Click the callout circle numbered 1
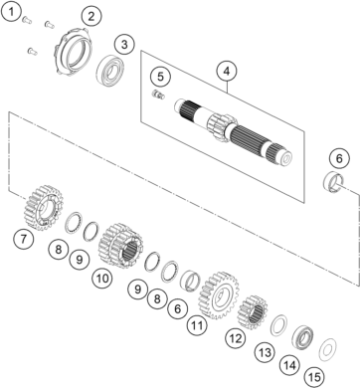tap(12, 12)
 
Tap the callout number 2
tap(91, 16)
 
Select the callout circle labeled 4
tap(228, 72)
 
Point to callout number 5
tap(160, 77)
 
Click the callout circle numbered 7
tap(23, 239)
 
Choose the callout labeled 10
tap(102, 279)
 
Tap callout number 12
tap(236, 338)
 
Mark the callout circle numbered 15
tap(314, 377)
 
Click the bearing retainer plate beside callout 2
tap(73, 52)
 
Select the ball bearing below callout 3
tap(111, 71)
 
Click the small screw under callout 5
tap(158, 95)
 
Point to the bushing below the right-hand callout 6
tap(333, 182)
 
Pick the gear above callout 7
tap(44, 208)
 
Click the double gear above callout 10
tap(120, 246)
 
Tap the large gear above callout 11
tap(219, 295)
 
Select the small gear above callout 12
tap(253, 312)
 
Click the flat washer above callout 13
tap(278, 324)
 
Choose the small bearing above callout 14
tap(302, 337)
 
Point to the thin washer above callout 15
tap(327, 350)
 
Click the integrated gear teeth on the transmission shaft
tap(221, 128)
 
